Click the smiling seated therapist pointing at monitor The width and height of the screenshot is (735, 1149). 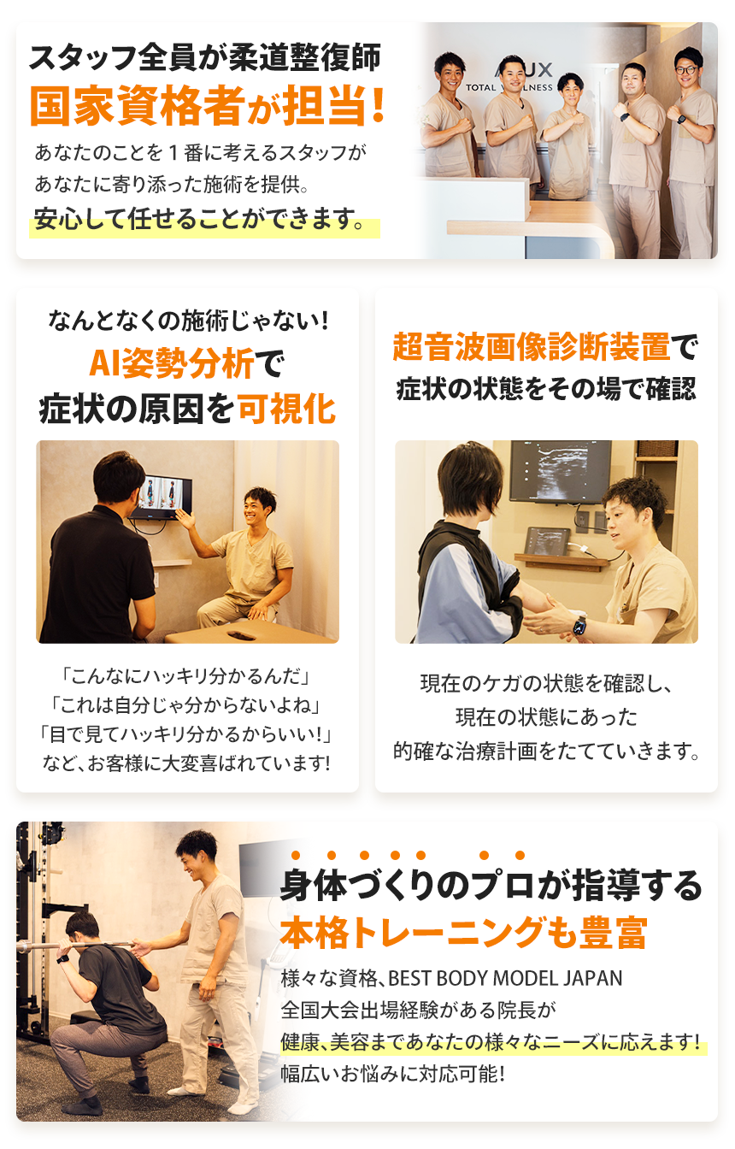(x=252, y=556)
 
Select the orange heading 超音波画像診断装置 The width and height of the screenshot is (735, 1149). (x=531, y=347)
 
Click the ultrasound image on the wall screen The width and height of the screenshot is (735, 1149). (x=560, y=470)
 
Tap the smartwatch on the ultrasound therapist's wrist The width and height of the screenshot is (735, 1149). (x=579, y=624)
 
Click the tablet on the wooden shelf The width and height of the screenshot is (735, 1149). (x=547, y=540)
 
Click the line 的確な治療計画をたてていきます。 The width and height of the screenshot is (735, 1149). (x=547, y=751)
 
